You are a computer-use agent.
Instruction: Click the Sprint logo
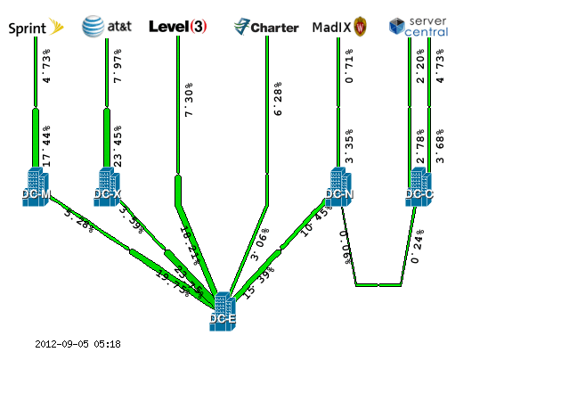pyautogui.click(x=36, y=27)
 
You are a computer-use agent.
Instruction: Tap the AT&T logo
pyautogui.click(x=106, y=27)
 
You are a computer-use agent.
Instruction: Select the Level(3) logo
pyautogui.click(x=178, y=27)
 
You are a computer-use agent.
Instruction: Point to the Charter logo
pyautogui.click(x=266, y=27)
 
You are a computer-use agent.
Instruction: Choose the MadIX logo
pyautogui.click(x=339, y=27)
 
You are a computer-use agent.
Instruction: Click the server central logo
pyautogui.click(x=419, y=27)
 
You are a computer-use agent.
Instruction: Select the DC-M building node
pyautogui.click(x=36, y=188)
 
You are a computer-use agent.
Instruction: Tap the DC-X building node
pyautogui.click(x=107, y=188)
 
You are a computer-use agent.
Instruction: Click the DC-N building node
pyautogui.click(x=338, y=188)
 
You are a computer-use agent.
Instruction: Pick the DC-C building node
pyautogui.click(x=419, y=188)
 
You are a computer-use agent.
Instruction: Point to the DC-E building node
pyautogui.click(x=223, y=313)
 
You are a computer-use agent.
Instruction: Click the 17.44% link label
pyautogui.click(x=46, y=146)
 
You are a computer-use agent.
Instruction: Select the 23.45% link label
pyautogui.click(x=118, y=146)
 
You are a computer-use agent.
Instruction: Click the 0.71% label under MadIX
pyautogui.click(x=349, y=66)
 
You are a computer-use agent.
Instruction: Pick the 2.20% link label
pyautogui.click(x=420, y=66)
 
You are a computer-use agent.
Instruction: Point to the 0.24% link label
pyautogui.click(x=417, y=247)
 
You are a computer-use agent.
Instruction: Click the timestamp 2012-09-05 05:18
pyautogui.click(x=77, y=344)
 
